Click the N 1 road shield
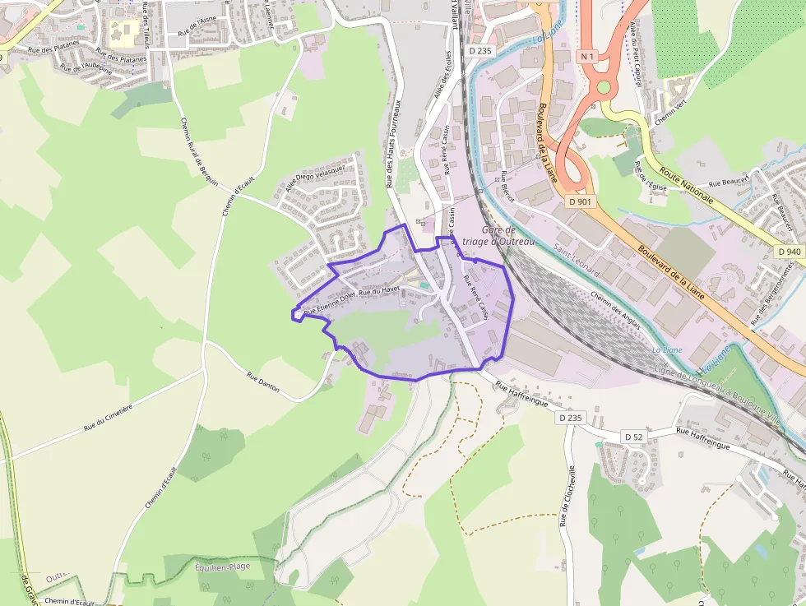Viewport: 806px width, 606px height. [x=586, y=56]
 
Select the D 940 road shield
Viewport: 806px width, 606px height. [x=788, y=252]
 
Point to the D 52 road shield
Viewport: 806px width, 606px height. [x=632, y=436]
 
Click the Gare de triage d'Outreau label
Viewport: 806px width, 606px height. [x=498, y=236]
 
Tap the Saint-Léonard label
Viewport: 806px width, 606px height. [x=576, y=260]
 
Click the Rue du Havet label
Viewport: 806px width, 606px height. [x=379, y=290]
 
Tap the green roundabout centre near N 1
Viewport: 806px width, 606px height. [x=604, y=86]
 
